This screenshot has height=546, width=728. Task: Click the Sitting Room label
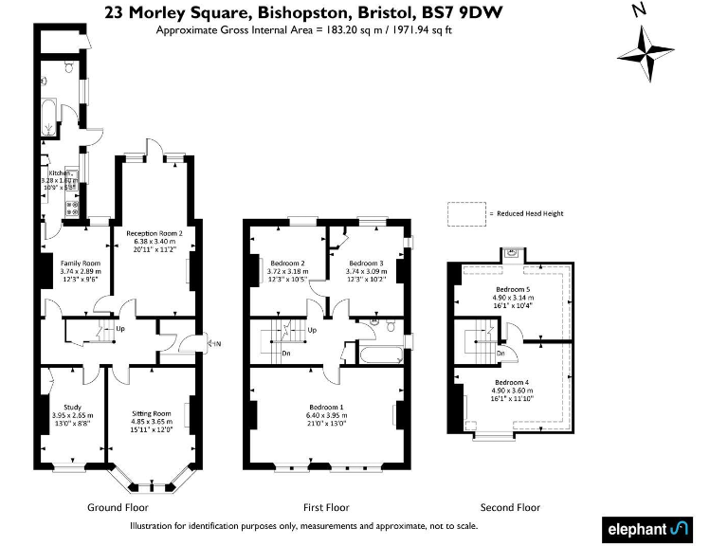[x=152, y=413]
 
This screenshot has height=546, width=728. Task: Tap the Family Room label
[x=80, y=263]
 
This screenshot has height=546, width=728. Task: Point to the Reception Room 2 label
[x=154, y=232]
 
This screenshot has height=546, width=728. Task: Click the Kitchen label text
[x=61, y=173]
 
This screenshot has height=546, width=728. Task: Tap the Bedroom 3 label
[x=365, y=263]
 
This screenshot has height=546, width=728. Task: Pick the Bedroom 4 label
[x=512, y=382]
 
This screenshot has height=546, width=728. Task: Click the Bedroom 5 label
[x=513, y=289]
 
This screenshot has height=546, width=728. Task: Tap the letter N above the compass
[x=639, y=11]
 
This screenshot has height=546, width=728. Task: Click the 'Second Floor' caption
[x=510, y=508]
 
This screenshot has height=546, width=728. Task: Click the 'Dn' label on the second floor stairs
[x=500, y=353]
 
